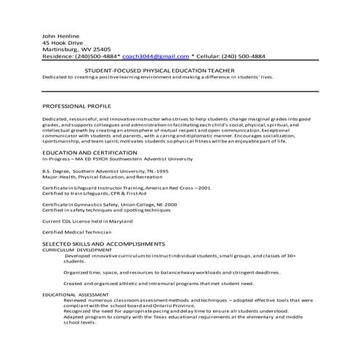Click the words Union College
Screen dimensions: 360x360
tap(142, 204)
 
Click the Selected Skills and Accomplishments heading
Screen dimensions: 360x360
tap(103, 244)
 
